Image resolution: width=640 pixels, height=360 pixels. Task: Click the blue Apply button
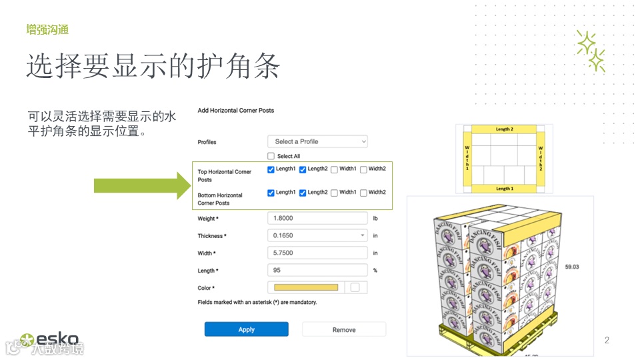[246, 329]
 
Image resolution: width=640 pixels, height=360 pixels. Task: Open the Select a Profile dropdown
[317, 141]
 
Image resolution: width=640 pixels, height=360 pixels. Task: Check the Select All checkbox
[271, 156]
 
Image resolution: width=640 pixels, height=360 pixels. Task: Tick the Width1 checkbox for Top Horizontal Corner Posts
[334, 169]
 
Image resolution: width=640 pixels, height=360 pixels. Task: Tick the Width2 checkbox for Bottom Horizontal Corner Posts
[363, 193]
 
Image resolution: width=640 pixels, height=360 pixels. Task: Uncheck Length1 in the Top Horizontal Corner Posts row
[271, 169]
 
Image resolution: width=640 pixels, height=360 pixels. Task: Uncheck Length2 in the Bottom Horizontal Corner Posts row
[303, 193]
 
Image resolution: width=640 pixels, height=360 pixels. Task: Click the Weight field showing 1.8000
[317, 218]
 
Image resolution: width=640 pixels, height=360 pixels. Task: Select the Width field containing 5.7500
[317, 253]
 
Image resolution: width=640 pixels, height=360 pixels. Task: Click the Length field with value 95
[317, 270]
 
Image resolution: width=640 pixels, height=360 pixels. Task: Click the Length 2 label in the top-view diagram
[504, 129]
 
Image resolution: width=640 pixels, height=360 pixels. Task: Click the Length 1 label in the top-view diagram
[504, 189]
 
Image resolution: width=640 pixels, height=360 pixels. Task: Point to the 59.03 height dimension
[572, 266]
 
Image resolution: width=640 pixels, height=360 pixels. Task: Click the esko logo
[51, 339]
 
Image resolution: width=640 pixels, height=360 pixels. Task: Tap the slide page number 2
[607, 341]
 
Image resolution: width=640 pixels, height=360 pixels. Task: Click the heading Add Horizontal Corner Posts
[235, 110]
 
